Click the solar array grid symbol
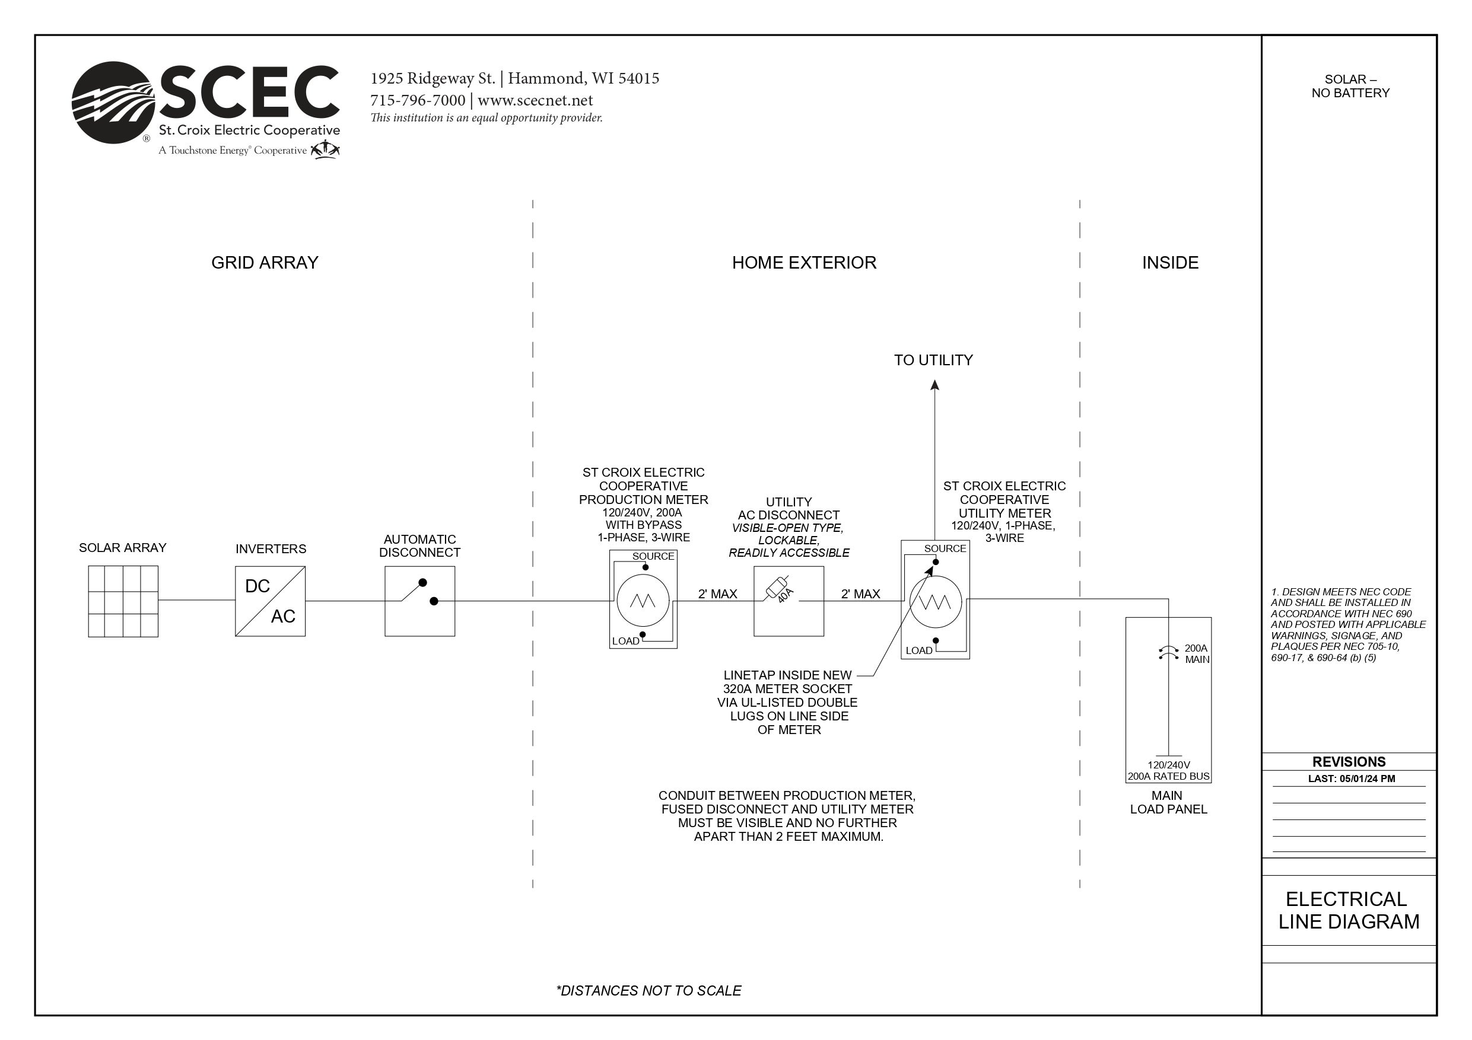(x=123, y=601)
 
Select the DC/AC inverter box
(x=270, y=601)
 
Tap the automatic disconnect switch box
(x=420, y=601)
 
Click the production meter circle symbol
(x=643, y=601)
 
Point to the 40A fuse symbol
(x=778, y=588)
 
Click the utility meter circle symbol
(x=936, y=602)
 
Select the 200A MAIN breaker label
(x=1196, y=653)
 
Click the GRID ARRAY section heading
(x=265, y=263)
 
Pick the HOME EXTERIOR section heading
(x=804, y=263)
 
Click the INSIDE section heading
(x=1170, y=263)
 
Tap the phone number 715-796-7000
(x=418, y=101)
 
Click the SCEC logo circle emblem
(x=113, y=103)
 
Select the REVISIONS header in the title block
(x=1349, y=762)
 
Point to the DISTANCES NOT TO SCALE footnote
(x=649, y=991)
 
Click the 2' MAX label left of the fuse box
(x=717, y=594)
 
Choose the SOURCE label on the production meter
(x=653, y=556)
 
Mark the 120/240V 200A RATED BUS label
(x=1168, y=771)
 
